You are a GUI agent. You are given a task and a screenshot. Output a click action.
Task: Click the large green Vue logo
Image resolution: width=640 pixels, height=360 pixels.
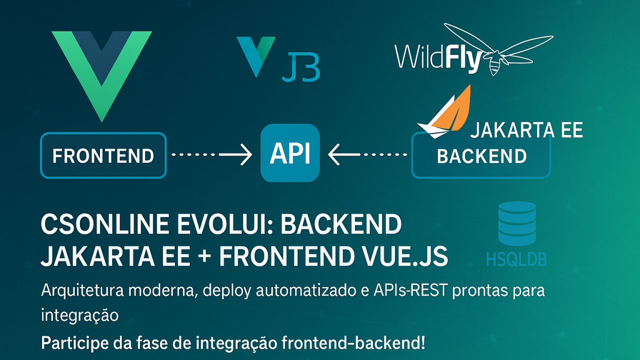click(101, 70)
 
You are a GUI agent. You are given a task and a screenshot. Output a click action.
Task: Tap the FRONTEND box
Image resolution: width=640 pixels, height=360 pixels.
click(103, 155)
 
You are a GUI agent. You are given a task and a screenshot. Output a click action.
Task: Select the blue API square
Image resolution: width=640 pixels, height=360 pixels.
click(290, 153)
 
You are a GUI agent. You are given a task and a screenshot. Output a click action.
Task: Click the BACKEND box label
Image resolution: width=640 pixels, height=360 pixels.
click(481, 156)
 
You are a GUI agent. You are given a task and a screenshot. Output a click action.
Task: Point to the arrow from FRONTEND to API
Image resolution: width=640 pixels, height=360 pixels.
click(212, 155)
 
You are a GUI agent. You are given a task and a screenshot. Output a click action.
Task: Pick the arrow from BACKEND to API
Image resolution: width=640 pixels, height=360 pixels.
click(367, 155)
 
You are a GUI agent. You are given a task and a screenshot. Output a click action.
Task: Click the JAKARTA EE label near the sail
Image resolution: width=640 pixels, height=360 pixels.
click(526, 130)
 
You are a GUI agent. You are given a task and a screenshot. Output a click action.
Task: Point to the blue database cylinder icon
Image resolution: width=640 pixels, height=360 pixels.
click(517, 223)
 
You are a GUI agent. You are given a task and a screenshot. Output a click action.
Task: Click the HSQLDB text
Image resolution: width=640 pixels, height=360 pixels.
click(516, 259)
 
